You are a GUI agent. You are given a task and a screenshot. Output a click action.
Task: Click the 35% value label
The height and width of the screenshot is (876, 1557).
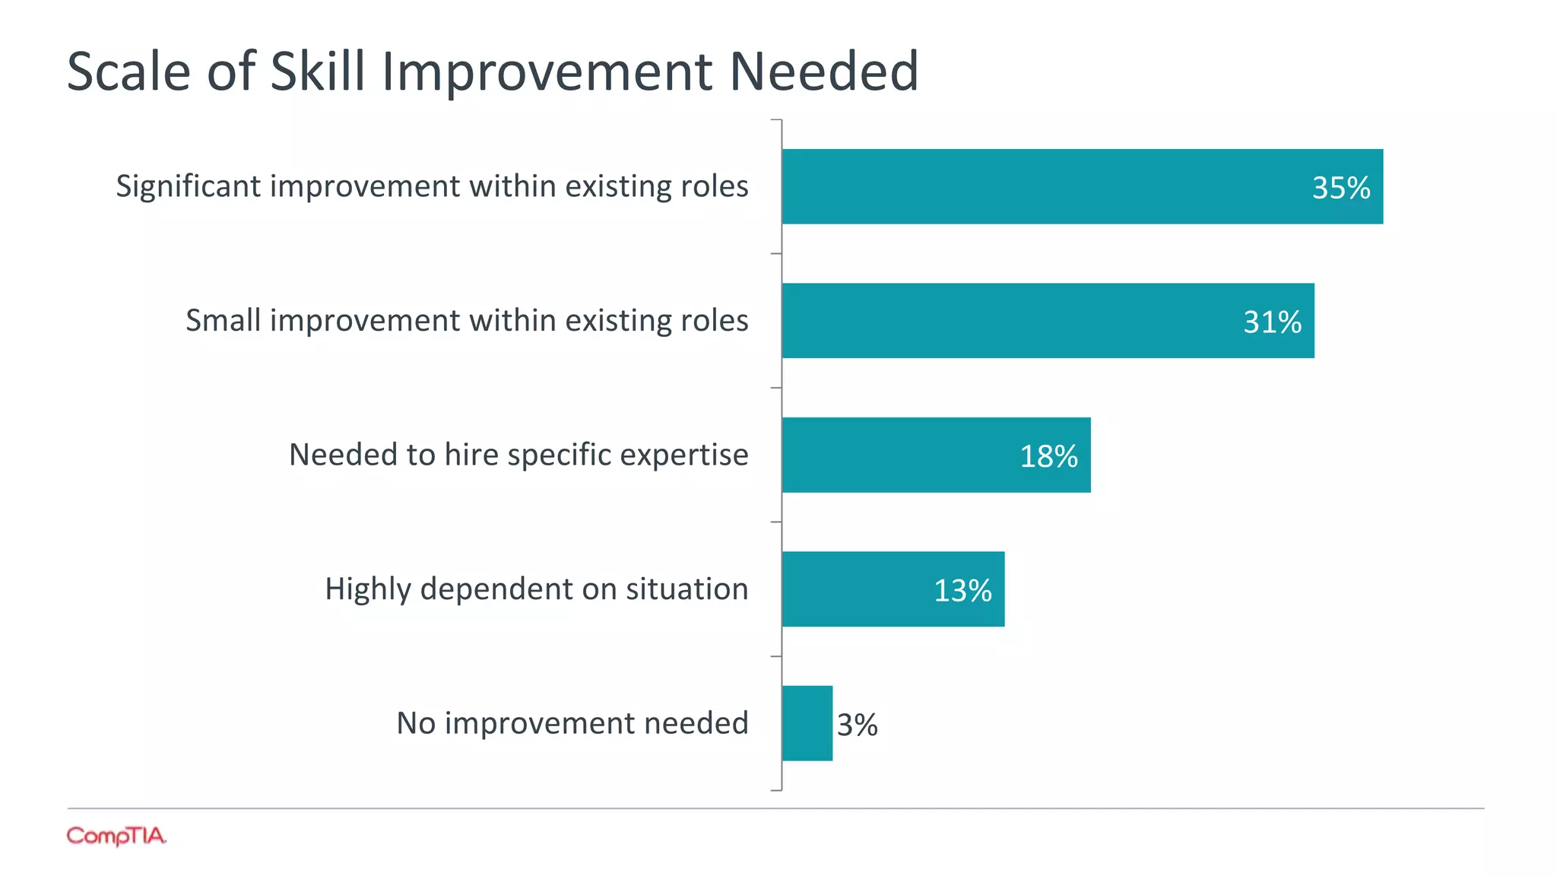tap(1341, 188)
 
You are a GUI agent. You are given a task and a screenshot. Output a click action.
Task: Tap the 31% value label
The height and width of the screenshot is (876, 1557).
tap(1272, 322)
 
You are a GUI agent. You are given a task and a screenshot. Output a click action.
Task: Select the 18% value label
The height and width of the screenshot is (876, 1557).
tap(1048, 456)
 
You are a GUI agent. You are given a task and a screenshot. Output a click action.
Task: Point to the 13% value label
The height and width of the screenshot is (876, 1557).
tap(962, 590)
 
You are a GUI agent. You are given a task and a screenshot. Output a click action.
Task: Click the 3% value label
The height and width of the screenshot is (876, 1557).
tap(857, 725)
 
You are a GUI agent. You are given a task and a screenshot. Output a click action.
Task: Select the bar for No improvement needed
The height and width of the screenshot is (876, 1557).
tap(807, 723)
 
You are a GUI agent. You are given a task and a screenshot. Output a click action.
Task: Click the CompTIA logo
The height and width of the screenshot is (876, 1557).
tap(116, 836)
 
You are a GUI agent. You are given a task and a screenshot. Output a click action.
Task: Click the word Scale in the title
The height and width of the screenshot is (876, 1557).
tap(128, 71)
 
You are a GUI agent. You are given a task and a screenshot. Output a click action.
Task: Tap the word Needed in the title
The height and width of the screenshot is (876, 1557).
tap(824, 71)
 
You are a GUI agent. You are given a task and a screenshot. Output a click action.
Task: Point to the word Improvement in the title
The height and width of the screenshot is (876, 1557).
tap(547, 71)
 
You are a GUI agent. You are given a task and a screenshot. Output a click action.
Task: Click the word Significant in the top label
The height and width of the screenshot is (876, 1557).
tap(188, 187)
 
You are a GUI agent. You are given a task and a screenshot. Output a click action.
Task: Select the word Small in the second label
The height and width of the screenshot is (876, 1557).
tap(224, 320)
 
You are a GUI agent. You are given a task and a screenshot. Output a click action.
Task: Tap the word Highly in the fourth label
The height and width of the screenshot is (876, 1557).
tap(368, 589)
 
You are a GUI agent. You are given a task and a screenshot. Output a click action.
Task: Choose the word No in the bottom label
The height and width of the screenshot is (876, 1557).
tap(416, 722)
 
